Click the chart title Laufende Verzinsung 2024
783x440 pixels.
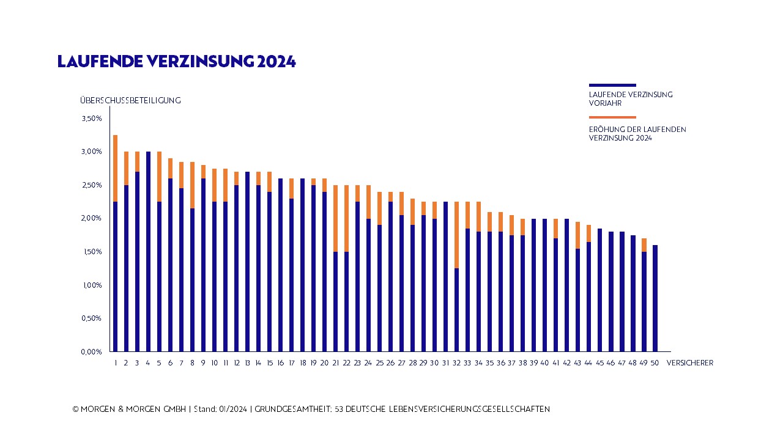click(176, 62)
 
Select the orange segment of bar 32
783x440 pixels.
click(457, 235)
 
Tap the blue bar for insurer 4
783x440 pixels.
click(148, 251)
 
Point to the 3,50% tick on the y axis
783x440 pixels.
click(91, 119)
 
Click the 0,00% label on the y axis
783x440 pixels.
click(91, 352)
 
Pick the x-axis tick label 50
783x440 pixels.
click(655, 363)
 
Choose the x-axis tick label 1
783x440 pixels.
click(115, 363)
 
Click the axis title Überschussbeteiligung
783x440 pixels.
click(130, 100)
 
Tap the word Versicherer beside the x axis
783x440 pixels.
click(689, 363)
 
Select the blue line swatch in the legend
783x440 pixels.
click(612, 85)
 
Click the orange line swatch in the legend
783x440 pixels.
click(612, 117)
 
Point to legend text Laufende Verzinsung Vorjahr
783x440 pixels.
click(631, 99)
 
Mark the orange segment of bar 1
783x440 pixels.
click(115, 168)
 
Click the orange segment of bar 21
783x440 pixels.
click(336, 218)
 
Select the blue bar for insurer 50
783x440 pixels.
click(655, 298)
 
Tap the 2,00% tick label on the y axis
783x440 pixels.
click(91, 219)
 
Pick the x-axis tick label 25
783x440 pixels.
click(379, 363)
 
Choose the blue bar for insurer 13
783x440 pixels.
click(247, 262)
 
